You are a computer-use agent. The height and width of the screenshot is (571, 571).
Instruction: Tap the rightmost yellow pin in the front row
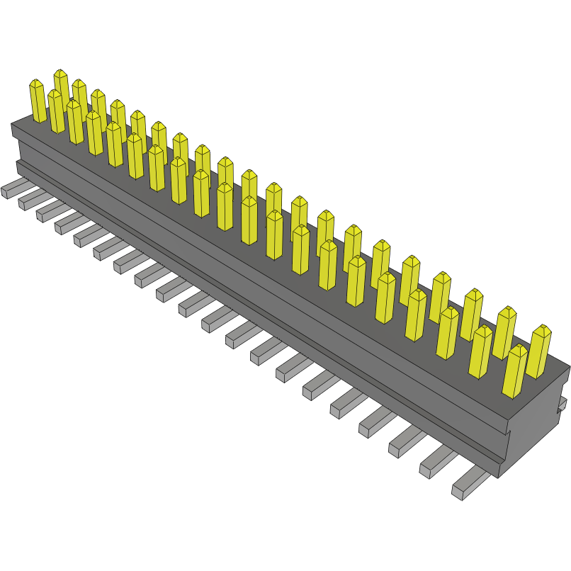515,371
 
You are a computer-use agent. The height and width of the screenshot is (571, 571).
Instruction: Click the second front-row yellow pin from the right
480,351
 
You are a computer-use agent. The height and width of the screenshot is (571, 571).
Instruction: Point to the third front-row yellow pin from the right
448,333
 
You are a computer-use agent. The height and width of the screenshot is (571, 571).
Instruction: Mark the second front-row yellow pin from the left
57,112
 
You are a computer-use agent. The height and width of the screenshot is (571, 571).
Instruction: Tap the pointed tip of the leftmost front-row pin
36,82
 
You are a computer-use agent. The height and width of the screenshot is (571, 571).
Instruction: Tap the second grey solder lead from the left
30,198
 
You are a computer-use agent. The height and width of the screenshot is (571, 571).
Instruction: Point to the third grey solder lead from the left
49,209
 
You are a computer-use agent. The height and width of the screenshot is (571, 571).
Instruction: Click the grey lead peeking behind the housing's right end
563,404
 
